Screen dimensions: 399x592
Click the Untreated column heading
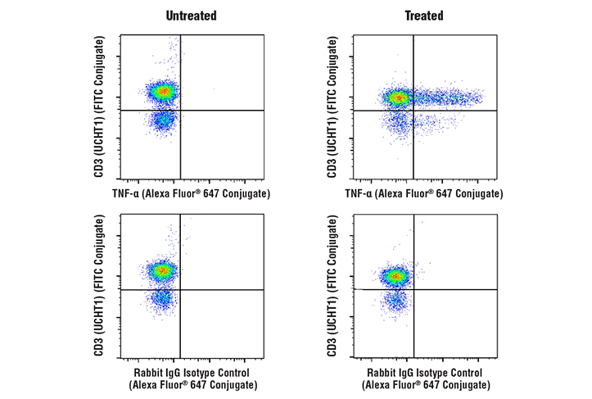191,16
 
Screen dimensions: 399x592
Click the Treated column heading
423,16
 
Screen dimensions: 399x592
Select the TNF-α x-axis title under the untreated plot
191,193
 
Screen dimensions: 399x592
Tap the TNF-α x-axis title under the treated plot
423,193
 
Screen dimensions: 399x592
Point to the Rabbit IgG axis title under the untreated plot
191,379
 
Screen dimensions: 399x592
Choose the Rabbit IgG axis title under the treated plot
423,379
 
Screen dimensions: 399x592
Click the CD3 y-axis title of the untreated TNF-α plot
100,107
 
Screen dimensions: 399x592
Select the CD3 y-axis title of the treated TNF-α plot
332,107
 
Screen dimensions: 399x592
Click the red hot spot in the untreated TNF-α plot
163,92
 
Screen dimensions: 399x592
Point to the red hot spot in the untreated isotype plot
162,270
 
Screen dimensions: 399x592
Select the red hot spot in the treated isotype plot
396,276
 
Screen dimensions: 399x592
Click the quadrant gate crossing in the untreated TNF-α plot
180,110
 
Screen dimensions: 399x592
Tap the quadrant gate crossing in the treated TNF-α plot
413,110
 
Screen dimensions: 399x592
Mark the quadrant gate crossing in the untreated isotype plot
180,289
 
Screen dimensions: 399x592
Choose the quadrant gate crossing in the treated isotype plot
413,289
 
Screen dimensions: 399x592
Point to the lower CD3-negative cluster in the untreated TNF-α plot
164,120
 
